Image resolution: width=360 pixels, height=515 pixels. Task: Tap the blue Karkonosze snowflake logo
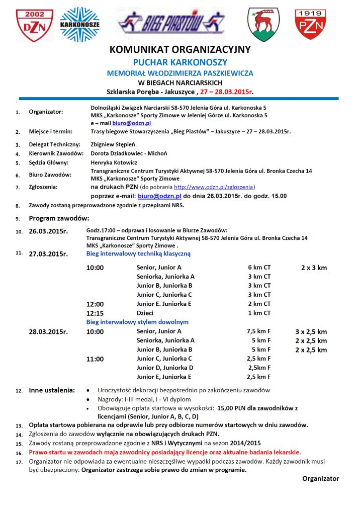(79, 24)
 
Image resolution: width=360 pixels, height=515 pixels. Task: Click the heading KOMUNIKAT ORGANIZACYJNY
(179, 50)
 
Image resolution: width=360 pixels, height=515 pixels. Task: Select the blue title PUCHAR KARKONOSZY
(179, 62)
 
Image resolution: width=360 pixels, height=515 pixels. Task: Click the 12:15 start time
(95, 313)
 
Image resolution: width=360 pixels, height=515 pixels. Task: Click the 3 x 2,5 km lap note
(311, 332)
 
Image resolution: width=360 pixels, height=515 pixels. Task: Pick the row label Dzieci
(145, 313)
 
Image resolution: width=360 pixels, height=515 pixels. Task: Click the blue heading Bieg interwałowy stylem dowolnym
(137, 322)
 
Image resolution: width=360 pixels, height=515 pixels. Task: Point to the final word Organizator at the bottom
(320, 479)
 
